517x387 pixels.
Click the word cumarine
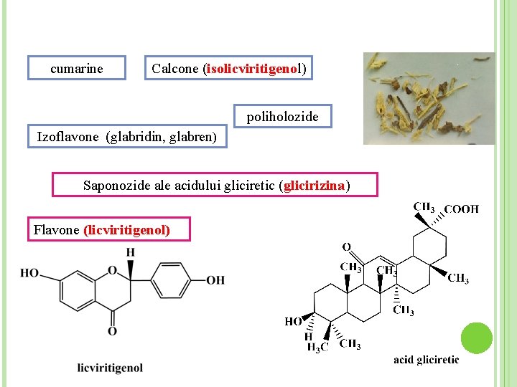tap(77, 69)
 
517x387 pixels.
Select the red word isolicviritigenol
tap(252, 69)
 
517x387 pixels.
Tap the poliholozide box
tap(284, 115)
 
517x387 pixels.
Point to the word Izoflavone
tap(67, 136)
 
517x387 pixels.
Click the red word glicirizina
tap(315, 186)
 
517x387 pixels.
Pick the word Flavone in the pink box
tap(56, 230)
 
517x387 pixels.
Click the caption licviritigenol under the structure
tap(110, 368)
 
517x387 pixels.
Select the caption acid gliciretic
tap(426, 359)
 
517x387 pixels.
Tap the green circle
tap(476, 338)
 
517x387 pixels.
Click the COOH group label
tap(461, 209)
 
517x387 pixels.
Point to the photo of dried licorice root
tap(429, 98)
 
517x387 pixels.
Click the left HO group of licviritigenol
tap(29, 273)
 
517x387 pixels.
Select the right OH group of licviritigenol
tap(215, 279)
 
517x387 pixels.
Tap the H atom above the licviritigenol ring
tap(130, 252)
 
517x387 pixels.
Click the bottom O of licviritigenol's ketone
tap(112, 330)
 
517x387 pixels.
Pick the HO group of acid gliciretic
tap(293, 322)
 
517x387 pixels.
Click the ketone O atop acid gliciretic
tap(346, 247)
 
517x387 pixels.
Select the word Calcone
tap(175, 69)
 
